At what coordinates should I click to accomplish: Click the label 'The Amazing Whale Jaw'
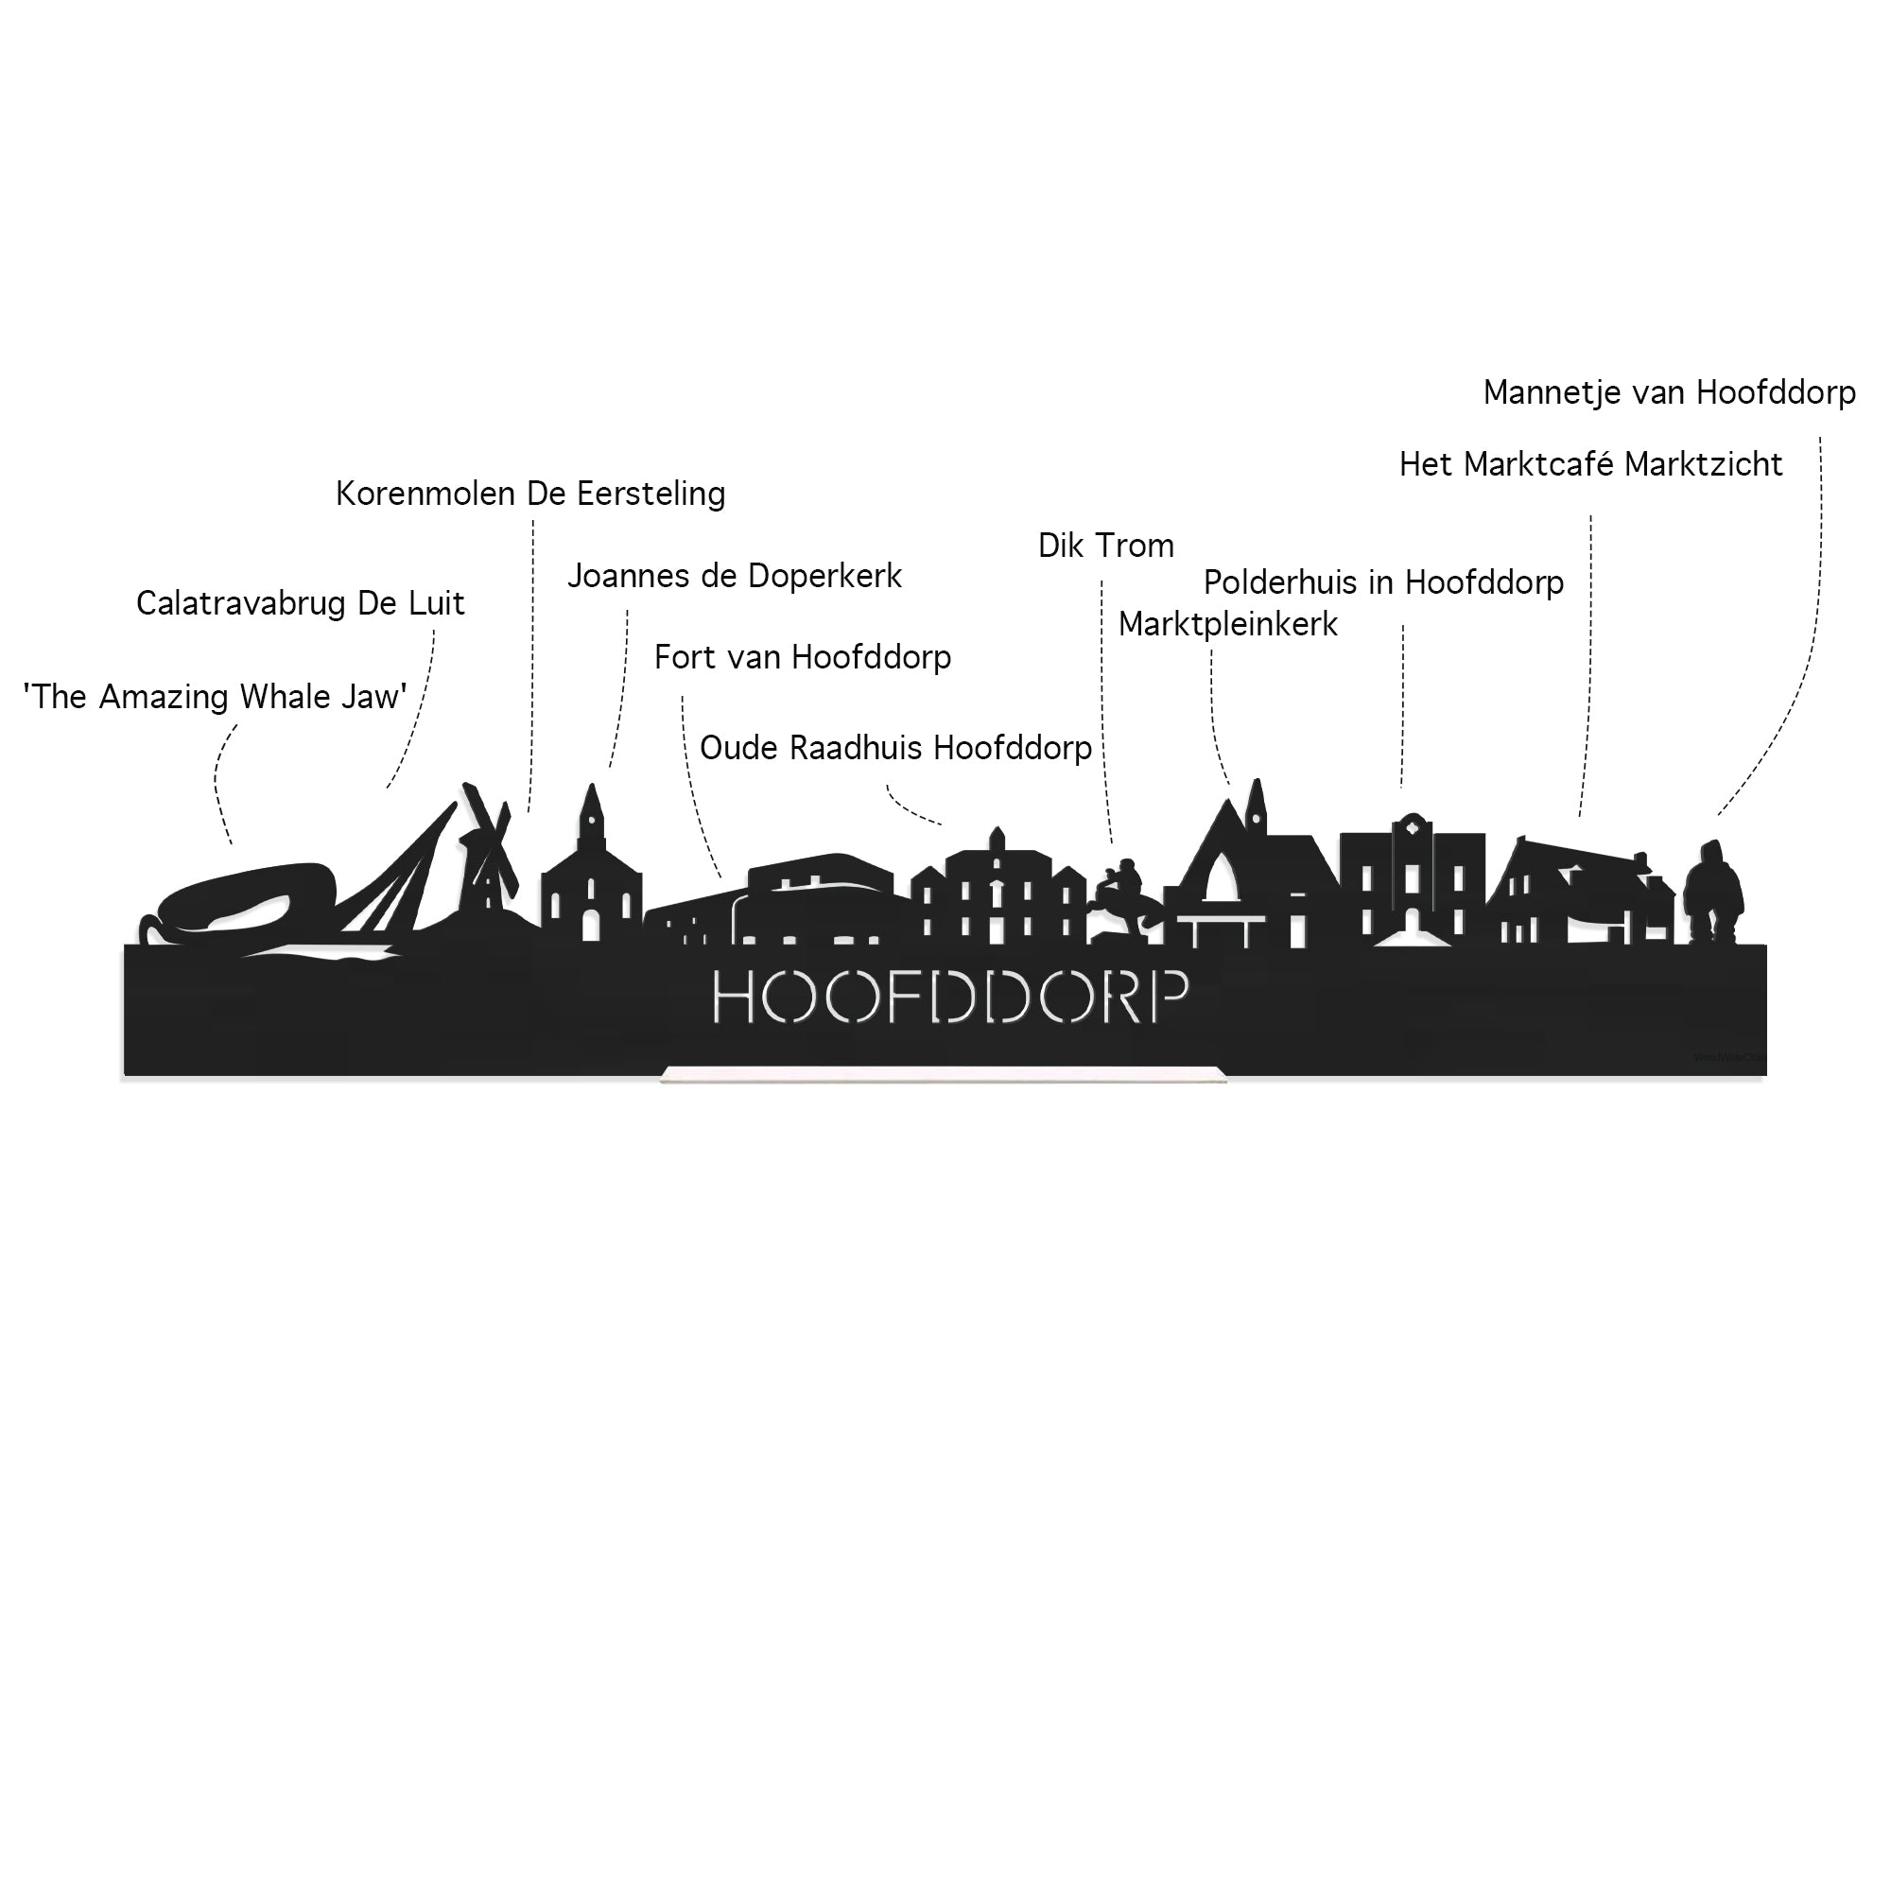coord(215,697)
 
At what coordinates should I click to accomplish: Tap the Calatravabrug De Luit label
coord(300,604)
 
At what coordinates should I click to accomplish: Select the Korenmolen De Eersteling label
coord(529,494)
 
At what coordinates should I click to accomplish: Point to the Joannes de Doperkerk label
coord(734,577)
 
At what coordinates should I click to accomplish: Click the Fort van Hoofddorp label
coord(802,658)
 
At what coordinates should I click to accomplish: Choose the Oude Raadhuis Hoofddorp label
coord(894,749)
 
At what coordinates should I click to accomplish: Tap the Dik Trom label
coord(1105,546)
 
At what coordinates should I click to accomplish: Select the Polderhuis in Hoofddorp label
coord(1382,583)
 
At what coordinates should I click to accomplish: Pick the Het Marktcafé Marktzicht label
coord(1589,465)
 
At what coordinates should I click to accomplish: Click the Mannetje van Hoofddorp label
coord(1668,393)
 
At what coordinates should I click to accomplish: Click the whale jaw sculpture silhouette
coord(245,895)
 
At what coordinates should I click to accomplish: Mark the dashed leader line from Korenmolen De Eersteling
coord(531,666)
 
